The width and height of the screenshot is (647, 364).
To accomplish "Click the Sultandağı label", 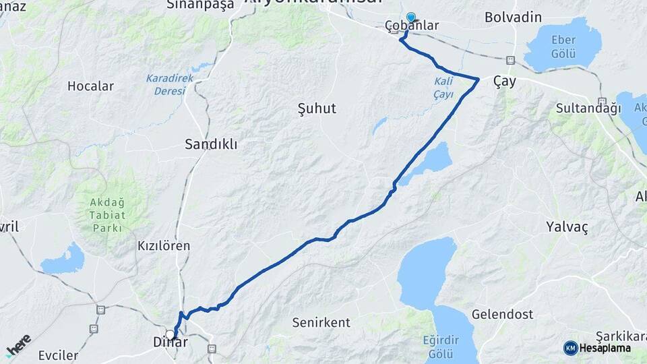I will click(x=588, y=108).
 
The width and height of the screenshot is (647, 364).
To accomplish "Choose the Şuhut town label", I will click(x=316, y=108).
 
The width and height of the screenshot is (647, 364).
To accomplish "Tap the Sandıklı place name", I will click(x=211, y=144).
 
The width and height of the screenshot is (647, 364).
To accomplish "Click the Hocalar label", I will click(x=90, y=86).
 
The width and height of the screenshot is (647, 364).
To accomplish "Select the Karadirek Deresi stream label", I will click(x=169, y=84).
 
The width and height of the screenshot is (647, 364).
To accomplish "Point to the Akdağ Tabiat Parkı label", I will click(x=108, y=214).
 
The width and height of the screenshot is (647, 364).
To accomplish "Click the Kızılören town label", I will click(x=163, y=246).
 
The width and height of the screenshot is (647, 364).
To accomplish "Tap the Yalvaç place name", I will click(x=567, y=227).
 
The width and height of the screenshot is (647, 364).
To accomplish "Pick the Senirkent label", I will click(x=319, y=323).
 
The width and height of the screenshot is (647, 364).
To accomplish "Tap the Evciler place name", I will click(x=58, y=355).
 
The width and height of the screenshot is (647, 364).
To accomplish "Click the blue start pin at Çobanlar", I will click(x=410, y=18).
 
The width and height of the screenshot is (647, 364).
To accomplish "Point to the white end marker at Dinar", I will click(x=171, y=334).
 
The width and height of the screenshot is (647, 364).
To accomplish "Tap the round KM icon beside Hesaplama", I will click(x=570, y=348).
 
